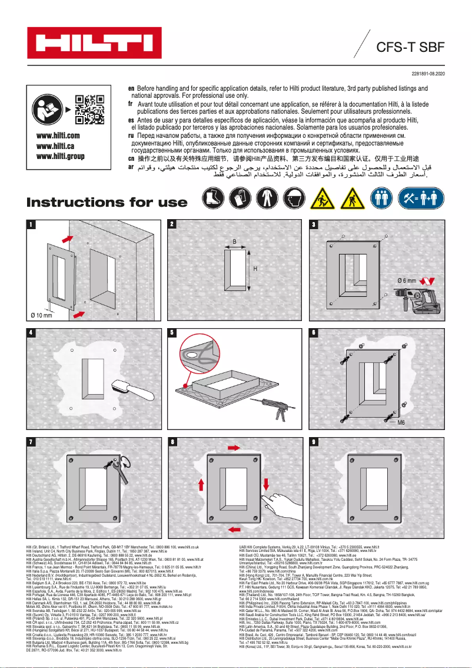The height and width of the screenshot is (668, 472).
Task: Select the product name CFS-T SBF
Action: (x=410, y=47)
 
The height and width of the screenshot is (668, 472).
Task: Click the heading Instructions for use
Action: (x=107, y=202)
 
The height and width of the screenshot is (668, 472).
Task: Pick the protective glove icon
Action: (x=238, y=197)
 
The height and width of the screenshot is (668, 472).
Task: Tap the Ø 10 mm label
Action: (x=41, y=316)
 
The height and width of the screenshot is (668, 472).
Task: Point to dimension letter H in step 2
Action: (x=255, y=269)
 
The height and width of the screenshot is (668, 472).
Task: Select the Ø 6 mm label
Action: (x=407, y=280)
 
